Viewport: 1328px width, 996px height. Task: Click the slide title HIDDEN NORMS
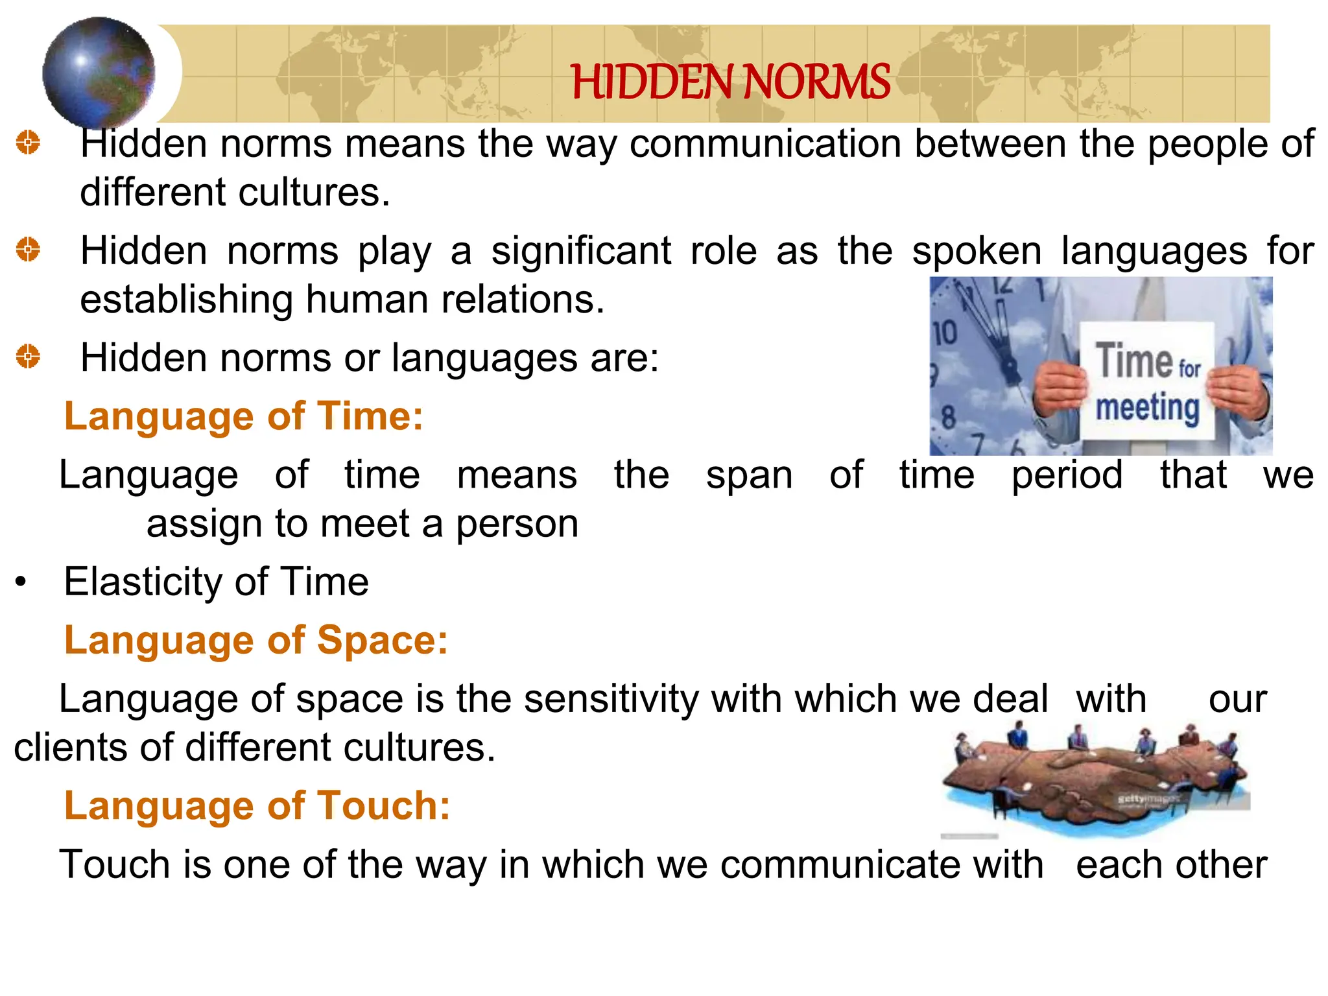730,82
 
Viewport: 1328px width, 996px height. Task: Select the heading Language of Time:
243,416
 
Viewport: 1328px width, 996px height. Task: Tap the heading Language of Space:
256,640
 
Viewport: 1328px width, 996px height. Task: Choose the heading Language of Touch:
257,805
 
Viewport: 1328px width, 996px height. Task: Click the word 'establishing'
185,300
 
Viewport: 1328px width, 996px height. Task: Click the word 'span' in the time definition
749,475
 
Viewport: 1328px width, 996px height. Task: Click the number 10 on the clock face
945,333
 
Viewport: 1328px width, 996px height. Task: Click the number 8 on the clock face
948,417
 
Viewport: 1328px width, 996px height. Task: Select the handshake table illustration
1095,778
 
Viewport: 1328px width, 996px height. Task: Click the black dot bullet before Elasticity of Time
21,582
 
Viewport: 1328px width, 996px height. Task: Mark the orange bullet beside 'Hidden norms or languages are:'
28,357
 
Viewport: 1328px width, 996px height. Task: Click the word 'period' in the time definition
1067,475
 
